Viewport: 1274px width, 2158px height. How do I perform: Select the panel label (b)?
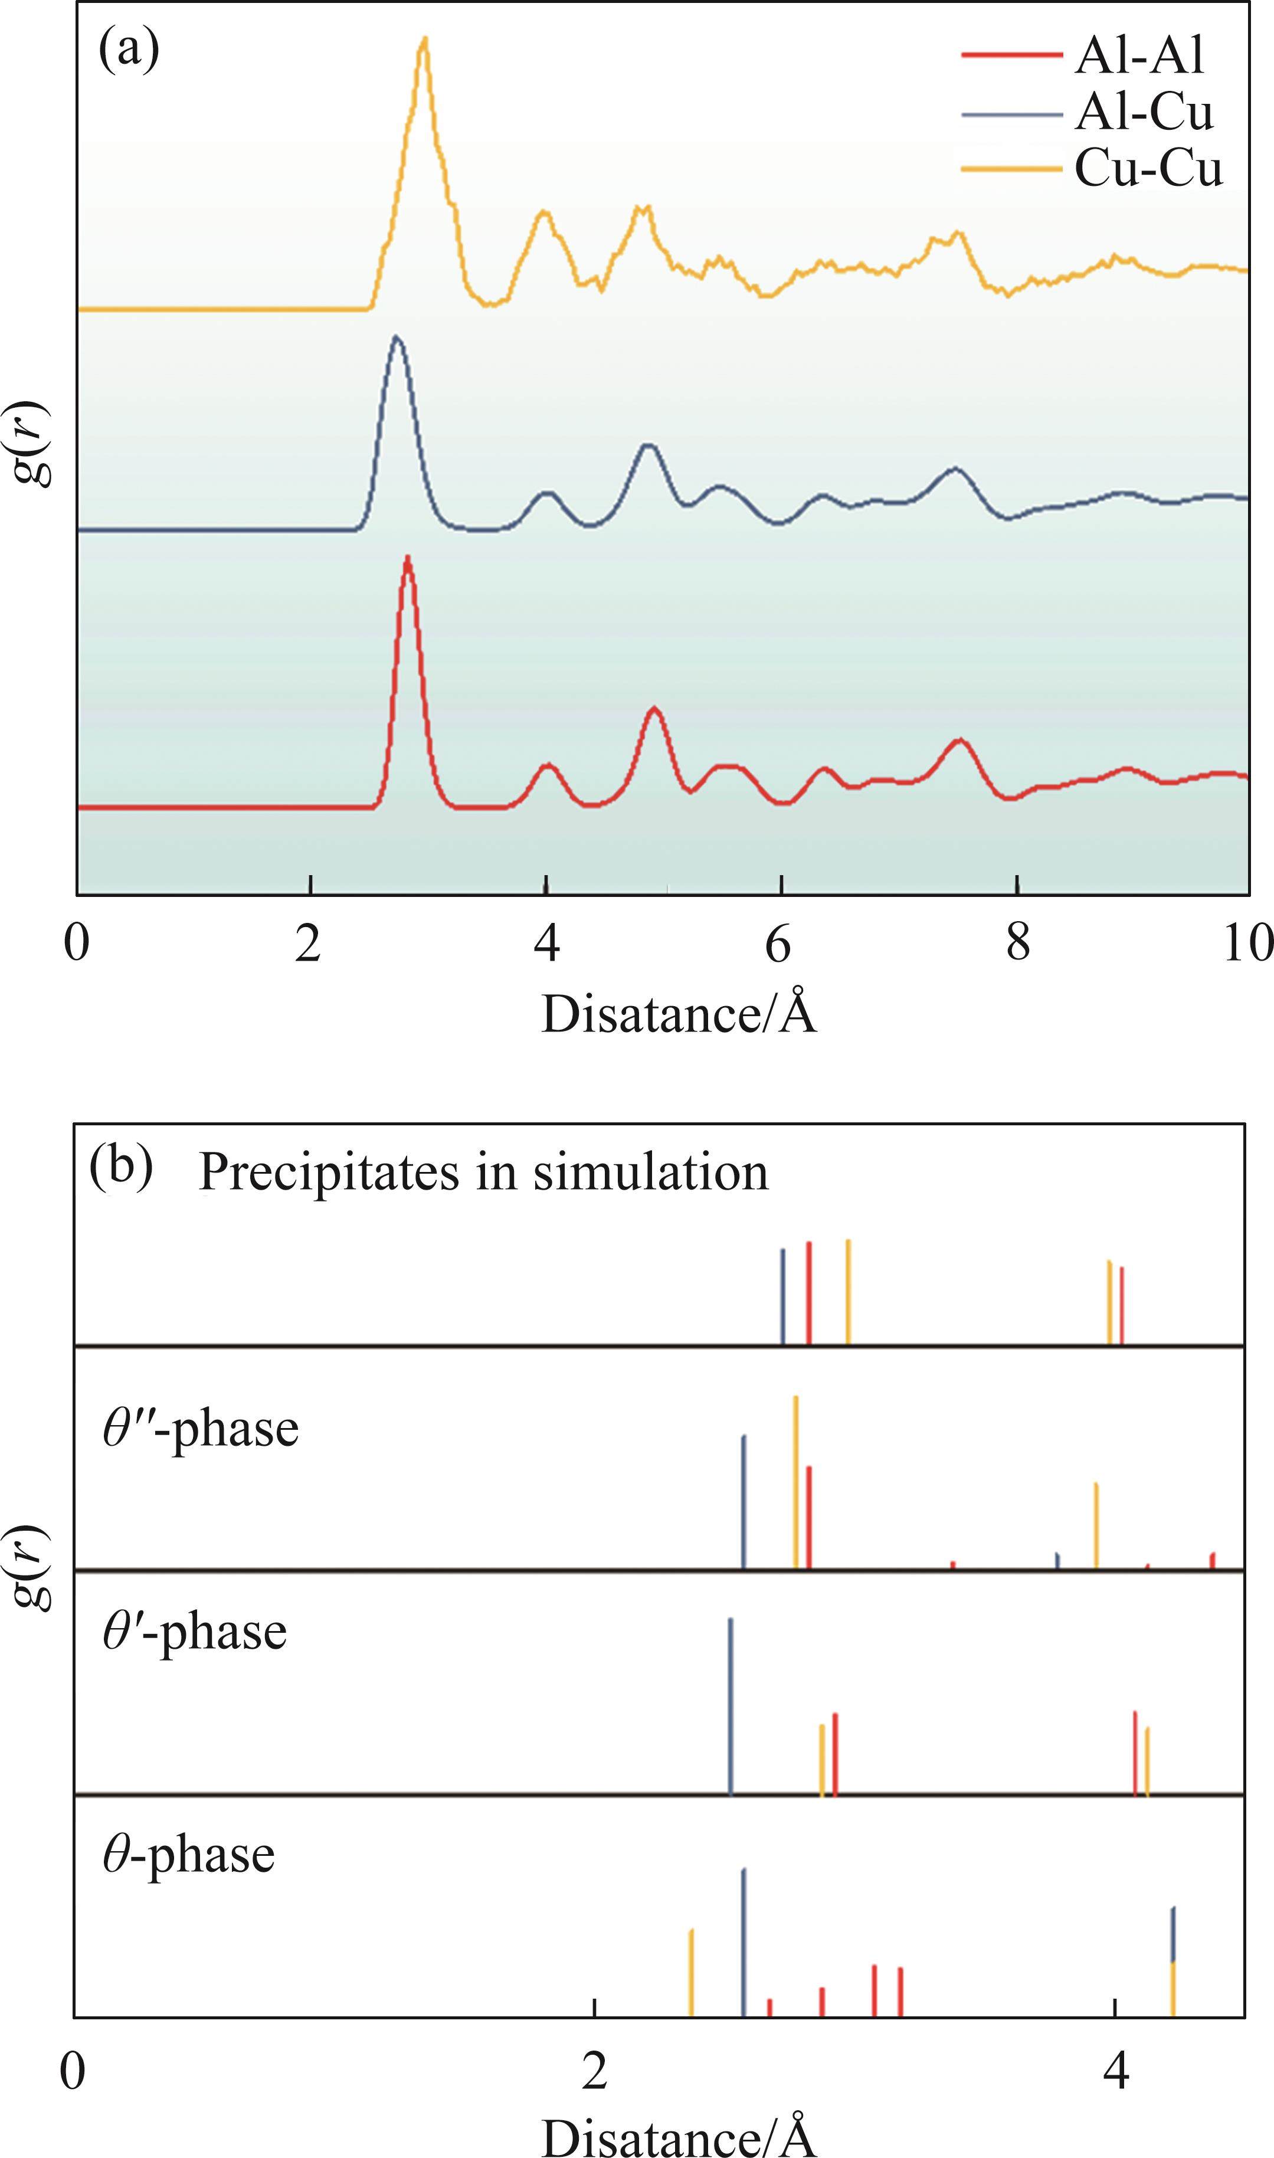pos(121,1169)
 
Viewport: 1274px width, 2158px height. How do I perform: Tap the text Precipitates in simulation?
pos(483,1173)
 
